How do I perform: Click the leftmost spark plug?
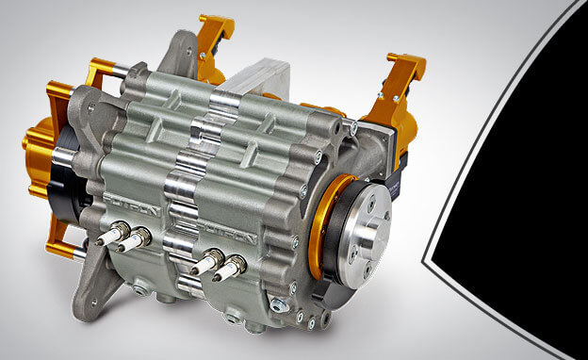[112, 236]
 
